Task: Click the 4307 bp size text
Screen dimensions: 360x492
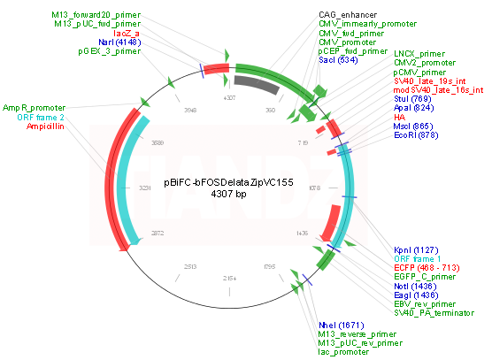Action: point(228,194)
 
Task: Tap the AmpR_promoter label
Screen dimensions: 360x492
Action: point(34,107)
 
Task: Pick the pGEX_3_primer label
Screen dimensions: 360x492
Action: point(108,52)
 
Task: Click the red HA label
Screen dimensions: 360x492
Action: point(399,117)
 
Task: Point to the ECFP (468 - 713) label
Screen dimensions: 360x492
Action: point(428,267)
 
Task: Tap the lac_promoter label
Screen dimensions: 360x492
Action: point(344,351)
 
